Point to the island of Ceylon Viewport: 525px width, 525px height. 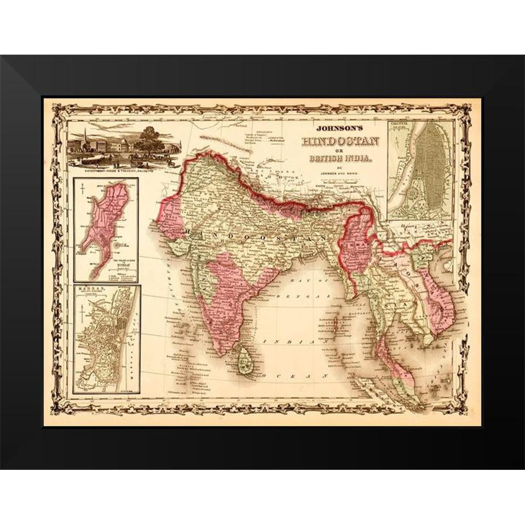(x=244, y=361)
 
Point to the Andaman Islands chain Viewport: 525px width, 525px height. (x=335, y=325)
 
